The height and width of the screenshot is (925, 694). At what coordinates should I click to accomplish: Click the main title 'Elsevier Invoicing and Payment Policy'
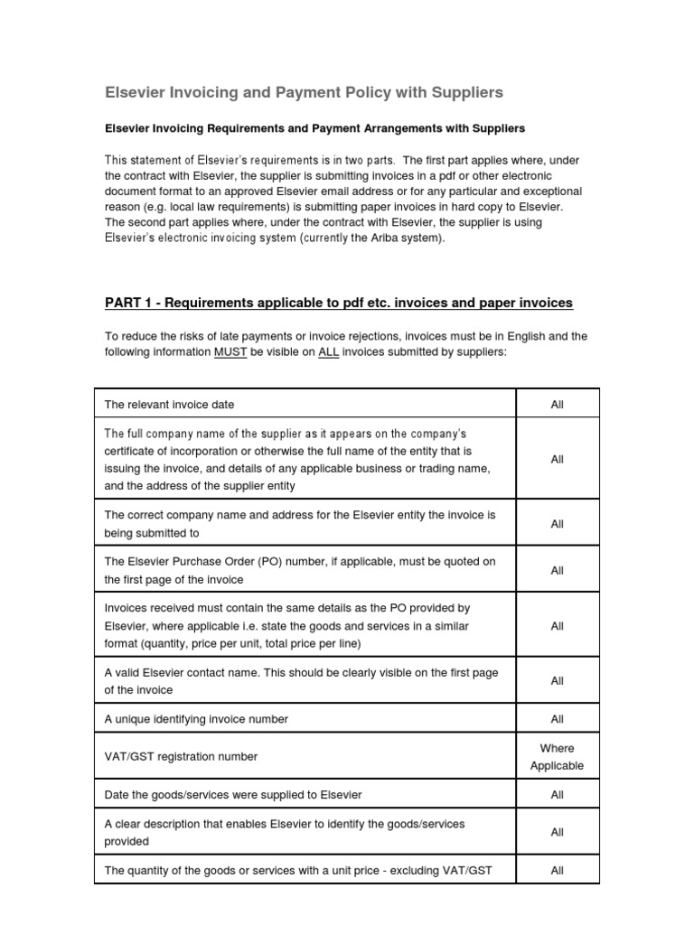pyautogui.click(x=305, y=93)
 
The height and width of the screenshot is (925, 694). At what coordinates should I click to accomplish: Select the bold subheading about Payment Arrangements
pyautogui.click(x=315, y=129)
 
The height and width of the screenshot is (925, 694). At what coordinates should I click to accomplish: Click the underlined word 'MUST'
pyautogui.click(x=230, y=352)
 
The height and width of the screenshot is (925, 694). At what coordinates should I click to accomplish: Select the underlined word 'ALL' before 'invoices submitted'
pyautogui.click(x=328, y=352)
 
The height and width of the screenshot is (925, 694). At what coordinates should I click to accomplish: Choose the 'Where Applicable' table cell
pyautogui.click(x=557, y=757)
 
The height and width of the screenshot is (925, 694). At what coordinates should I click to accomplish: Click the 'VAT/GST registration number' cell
pyautogui.click(x=181, y=757)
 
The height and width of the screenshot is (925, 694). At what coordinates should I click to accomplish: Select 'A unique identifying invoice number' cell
pyautogui.click(x=196, y=719)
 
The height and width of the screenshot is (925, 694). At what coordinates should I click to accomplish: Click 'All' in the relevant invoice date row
pyautogui.click(x=557, y=404)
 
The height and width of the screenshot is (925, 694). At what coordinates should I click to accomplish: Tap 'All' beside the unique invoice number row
pyautogui.click(x=557, y=719)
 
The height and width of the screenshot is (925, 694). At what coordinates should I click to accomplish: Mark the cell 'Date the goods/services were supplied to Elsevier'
pyautogui.click(x=233, y=795)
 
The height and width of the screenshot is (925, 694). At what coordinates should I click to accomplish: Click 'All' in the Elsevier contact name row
pyautogui.click(x=557, y=681)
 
